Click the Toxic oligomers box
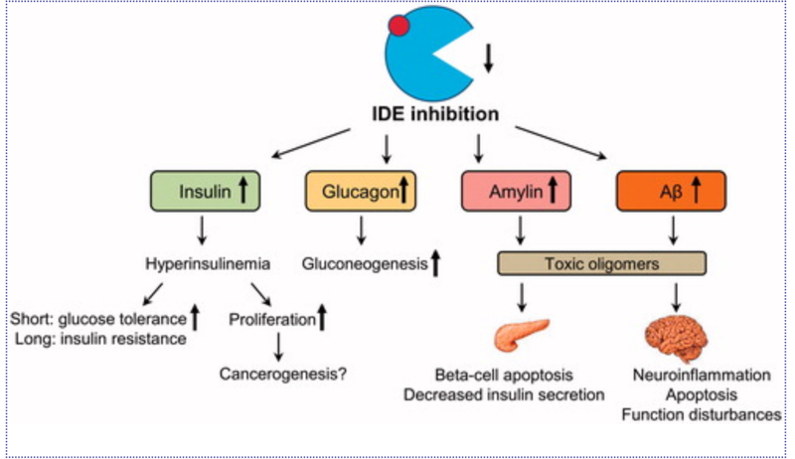(601, 265)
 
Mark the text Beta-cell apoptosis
(505, 375)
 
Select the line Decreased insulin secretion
(505, 394)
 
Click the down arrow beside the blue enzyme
(488, 61)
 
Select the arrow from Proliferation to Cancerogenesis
(279, 347)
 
